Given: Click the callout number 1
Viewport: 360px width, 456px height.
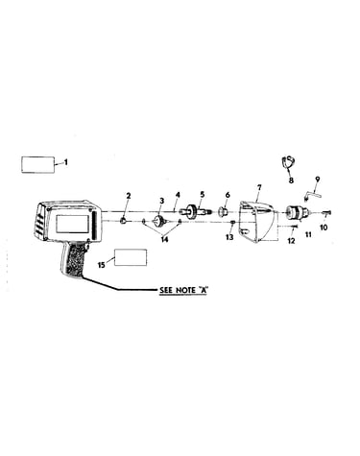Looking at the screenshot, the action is pyautogui.click(x=66, y=162).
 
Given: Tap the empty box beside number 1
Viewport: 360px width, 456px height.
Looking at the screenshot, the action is pyautogui.click(x=37, y=164).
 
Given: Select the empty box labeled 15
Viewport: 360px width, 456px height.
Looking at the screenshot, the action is pyautogui.click(x=131, y=257).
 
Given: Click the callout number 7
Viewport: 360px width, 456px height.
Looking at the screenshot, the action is pyautogui.click(x=259, y=187).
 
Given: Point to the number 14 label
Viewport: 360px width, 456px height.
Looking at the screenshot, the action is pyautogui.click(x=164, y=239).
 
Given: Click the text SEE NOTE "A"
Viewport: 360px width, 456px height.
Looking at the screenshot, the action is pyautogui.click(x=183, y=290).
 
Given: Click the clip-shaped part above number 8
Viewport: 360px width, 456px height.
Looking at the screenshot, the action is pyautogui.click(x=288, y=162).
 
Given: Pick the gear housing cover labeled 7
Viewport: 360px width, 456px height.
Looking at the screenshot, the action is pyautogui.click(x=255, y=222).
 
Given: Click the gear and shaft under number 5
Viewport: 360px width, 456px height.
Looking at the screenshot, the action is pyautogui.click(x=195, y=212).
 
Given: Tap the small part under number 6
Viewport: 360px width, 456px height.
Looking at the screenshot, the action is pyautogui.click(x=222, y=211).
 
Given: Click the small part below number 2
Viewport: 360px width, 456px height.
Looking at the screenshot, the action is pyautogui.click(x=123, y=221).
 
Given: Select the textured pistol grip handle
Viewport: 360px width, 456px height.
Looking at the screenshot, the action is pyautogui.click(x=74, y=259).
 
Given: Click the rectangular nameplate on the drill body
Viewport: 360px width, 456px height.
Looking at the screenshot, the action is pyautogui.click(x=73, y=224).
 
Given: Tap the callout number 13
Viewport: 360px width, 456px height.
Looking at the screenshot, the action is pyautogui.click(x=229, y=237).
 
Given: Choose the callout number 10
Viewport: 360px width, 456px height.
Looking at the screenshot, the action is pyautogui.click(x=324, y=228).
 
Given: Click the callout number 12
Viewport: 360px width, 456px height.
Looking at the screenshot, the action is pyautogui.click(x=291, y=241).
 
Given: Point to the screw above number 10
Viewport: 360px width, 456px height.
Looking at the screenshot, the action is pyautogui.click(x=325, y=212).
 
